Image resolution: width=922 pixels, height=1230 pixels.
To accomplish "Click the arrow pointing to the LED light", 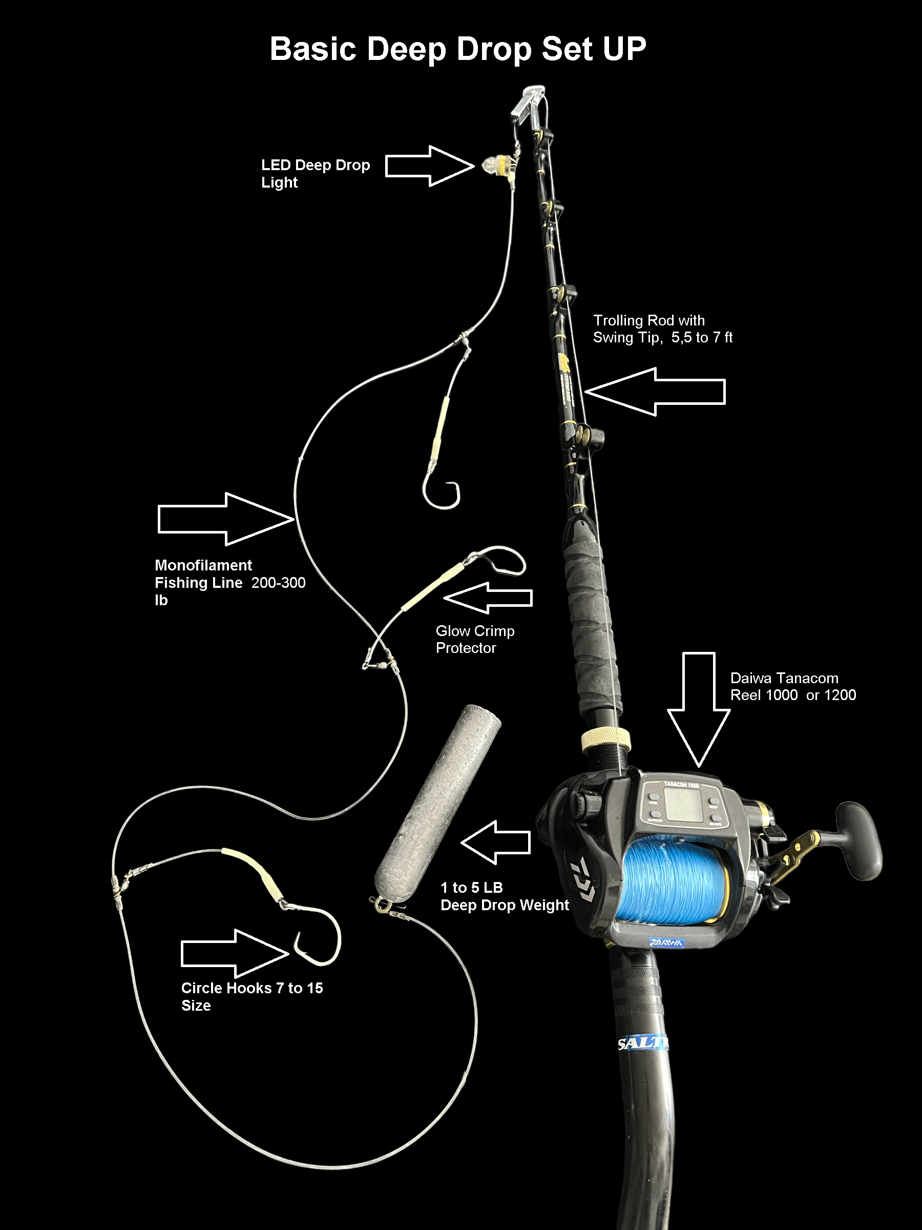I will pyautogui.click(x=428, y=166).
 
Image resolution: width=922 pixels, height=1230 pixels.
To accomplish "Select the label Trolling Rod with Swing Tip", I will pyautogui.click(x=662, y=329).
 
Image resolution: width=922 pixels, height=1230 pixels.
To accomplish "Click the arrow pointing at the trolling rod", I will pyautogui.click(x=656, y=392).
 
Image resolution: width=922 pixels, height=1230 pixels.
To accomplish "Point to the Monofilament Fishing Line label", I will pyautogui.click(x=229, y=582).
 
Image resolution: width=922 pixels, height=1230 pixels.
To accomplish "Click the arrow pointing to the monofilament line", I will pyautogui.click(x=225, y=519).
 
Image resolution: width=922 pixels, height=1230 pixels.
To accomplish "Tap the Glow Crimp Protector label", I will pyautogui.click(x=475, y=639).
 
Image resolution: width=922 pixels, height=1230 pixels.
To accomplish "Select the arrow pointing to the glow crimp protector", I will pyautogui.click(x=488, y=598).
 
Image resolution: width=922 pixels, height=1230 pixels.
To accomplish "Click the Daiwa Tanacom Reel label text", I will pyautogui.click(x=792, y=686).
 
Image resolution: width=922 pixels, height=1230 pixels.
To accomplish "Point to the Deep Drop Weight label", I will pyautogui.click(x=504, y=896).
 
